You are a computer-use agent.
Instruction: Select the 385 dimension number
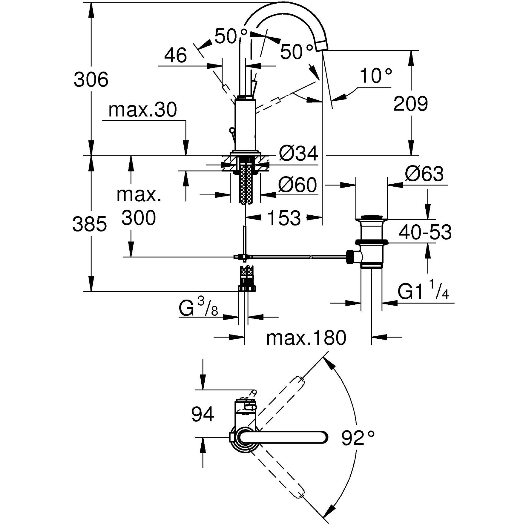click(89, 224)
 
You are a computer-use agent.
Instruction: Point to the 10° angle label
click(375, 76)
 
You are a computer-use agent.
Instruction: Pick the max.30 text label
click(142, 110)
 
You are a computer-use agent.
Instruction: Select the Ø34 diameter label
click(298, 154)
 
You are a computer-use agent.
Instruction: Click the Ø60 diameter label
click(297, 185)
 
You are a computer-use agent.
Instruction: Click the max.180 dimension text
click(306, 338)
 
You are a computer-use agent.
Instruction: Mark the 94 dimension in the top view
click(203, 415)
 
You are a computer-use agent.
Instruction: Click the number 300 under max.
click(138, 218)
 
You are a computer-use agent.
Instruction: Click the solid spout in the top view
click(284, 438)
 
